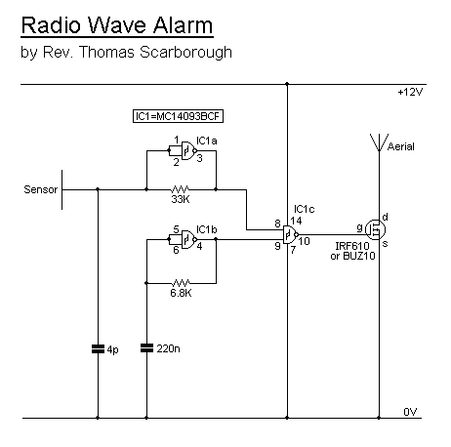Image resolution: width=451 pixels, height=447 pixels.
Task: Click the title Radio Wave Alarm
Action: (117, 25)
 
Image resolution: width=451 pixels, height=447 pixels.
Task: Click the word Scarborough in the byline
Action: (185, 53)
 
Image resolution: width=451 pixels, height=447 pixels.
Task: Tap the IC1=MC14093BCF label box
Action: (178, 116)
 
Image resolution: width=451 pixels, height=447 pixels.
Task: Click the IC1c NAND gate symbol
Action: (291, 234)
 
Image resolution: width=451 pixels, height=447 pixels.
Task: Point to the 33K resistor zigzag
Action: (180, 189)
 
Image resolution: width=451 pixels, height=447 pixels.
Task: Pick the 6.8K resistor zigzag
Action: (181, 283)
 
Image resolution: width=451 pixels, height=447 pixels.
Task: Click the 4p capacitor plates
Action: (98, 349)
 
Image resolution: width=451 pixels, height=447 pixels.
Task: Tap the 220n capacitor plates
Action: (146, 348)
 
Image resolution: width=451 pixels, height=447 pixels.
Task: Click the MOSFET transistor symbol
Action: (375, 229)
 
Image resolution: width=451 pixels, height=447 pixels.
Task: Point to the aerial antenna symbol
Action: (379, 142)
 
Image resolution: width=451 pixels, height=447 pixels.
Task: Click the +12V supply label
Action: (410, 93)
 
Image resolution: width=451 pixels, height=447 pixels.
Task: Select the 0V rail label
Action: (410, 412)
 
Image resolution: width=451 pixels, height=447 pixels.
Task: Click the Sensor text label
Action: (41, 189)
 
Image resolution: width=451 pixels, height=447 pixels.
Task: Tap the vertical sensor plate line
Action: (61, 189)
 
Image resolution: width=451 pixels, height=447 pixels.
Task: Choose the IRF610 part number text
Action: (352, 246)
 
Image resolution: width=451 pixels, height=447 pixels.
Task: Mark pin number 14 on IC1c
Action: (296, 221)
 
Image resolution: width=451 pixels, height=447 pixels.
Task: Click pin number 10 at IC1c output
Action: (304, 241)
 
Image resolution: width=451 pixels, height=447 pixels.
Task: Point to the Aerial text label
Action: (401, 146)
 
